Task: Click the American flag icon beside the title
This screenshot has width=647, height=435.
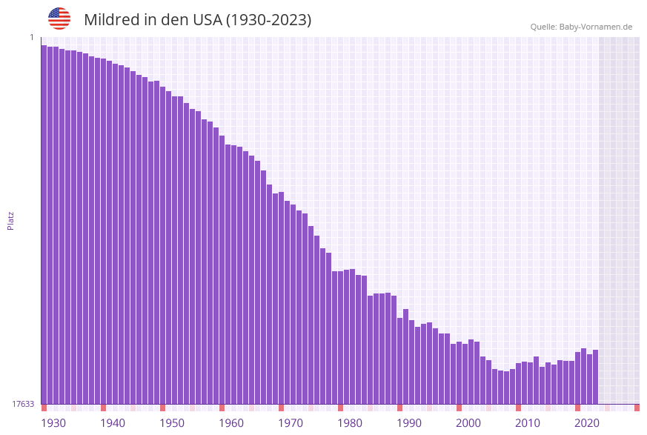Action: [59, 19]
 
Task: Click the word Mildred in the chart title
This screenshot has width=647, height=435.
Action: [112, 20]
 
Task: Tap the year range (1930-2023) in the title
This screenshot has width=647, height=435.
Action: [268, 20]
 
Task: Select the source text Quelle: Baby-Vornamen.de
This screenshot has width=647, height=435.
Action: [581, 27]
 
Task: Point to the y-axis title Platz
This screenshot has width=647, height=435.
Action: [11, 220]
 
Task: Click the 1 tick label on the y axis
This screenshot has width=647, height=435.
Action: [31, 37]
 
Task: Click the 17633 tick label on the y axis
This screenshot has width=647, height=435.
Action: [23, 404]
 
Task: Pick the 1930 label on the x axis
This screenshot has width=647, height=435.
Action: [53, 423]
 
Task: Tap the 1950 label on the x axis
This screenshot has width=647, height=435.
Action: [171, 423]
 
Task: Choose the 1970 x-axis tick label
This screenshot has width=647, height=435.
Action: [290, 423]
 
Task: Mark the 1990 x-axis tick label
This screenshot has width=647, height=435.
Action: [408, 423]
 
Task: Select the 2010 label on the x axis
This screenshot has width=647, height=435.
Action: [527, 423]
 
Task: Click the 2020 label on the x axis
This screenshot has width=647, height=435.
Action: [586, 423]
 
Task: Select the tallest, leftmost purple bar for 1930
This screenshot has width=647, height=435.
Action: [44, 222]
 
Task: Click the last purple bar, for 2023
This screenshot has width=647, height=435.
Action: [595, 376]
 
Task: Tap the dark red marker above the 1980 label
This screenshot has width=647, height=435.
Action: [341, 408]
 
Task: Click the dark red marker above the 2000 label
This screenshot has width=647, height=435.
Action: [459, 408]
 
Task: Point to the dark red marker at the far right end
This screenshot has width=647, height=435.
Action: [637, 408]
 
